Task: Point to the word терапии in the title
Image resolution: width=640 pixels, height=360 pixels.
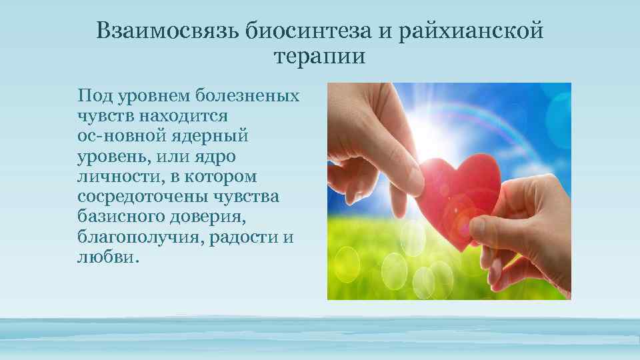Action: [319, 56]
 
